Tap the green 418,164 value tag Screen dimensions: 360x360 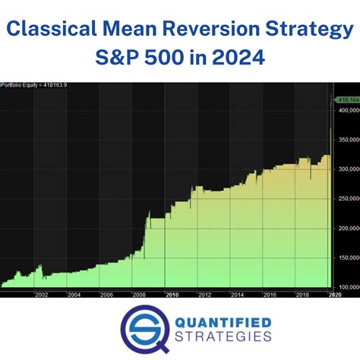pos(346,99)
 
